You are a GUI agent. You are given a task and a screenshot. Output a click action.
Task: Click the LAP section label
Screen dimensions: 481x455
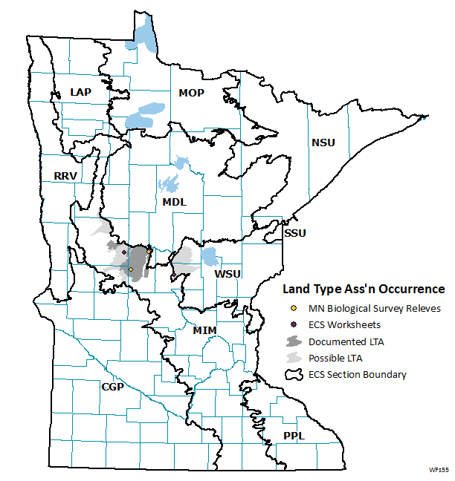pyautogui.click(x=80, y=91)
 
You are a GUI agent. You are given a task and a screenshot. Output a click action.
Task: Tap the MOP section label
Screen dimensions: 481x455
pyautogui.click(x=191, y=93)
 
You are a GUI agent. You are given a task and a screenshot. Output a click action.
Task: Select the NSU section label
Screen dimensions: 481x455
pyautogui.click(x=324, y=143)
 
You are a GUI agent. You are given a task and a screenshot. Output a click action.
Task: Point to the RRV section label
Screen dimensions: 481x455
pyautogui.click(x=66, y=176)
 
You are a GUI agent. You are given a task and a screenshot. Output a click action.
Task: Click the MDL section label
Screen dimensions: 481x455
pyautogui.click(x=174, y=202)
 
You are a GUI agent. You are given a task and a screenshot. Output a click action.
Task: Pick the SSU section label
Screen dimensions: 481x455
pyautogui.click(x=294, y=233)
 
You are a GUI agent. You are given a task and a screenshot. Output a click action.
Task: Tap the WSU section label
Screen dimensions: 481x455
pyautogui.click(x=226, y=275)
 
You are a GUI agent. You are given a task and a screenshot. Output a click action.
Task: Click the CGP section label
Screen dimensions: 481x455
pyautogui.click(x=114, y=387)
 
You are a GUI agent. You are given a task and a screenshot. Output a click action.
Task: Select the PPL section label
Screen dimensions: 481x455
pyautogui.click(x=294, y=436)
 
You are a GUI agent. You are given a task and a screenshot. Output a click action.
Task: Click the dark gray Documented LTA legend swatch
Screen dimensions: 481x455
pyautogui.click(x=294, y=341)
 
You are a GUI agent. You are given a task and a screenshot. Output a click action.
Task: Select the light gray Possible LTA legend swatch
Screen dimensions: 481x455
pyautogui.click(x=294, y=358)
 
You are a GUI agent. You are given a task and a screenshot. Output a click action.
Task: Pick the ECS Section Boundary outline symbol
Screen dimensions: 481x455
pyautogui.click(x=294, y=375)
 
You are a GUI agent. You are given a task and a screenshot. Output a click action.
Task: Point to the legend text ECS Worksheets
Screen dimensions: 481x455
pyautogui.click(x=344, y=324)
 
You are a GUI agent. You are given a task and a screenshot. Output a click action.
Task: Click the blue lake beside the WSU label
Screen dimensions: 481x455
pyautogui.click(x=209, y=258)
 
